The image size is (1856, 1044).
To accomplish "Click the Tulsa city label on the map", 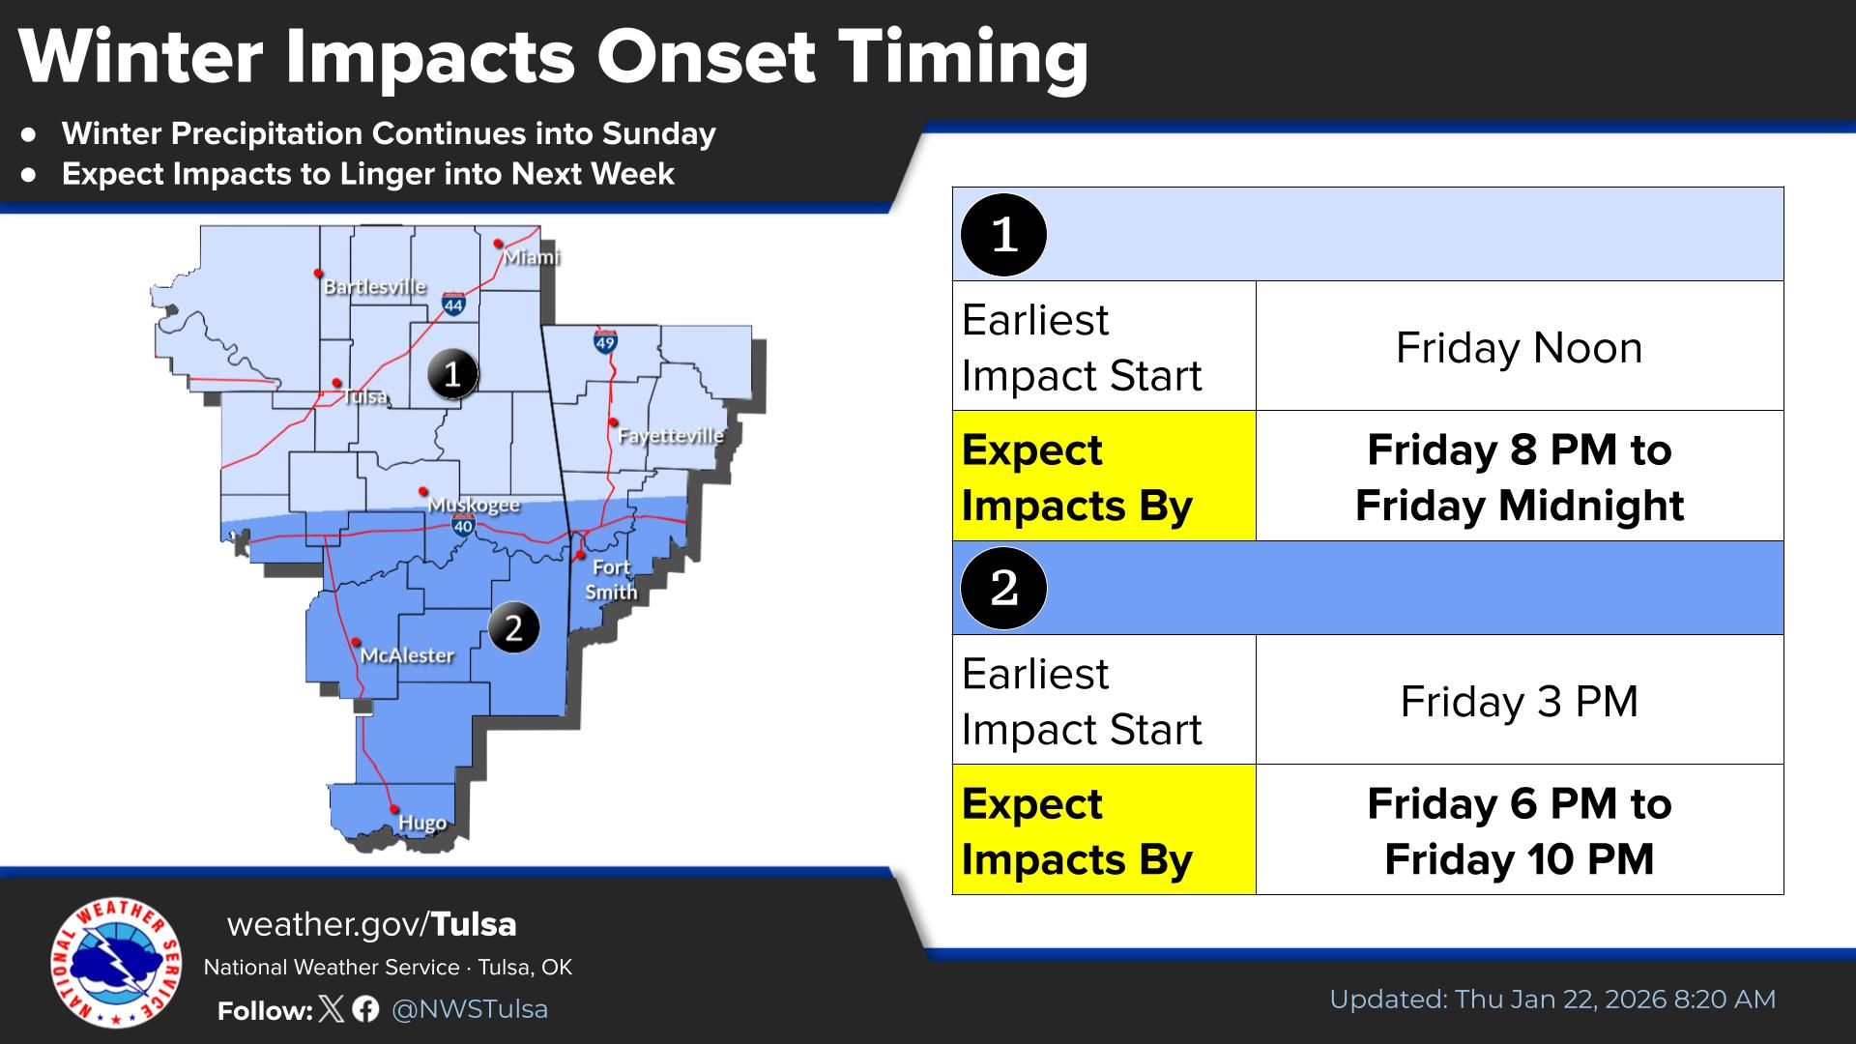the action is pyautogui.click(x=365, y=397).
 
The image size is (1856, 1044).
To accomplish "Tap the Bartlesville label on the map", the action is pyautogui.click(x=375, y=287).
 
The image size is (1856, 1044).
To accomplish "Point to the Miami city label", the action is pyautogui.click(x=532, y=257).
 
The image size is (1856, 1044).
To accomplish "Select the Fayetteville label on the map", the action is pyautogui.click(x=671, y=436).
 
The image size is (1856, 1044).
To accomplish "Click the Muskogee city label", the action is pyautogui.click(x=474, y=506).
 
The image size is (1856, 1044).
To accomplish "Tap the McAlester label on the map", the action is pyautogui.click(x=407, y=655).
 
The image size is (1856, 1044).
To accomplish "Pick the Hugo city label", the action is pyautogui.click(x=422, y=824).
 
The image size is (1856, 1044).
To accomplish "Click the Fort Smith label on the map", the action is pyautogui.click(x=611, y=580).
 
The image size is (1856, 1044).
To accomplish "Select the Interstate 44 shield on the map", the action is pyautogui.click(x=453, y=304).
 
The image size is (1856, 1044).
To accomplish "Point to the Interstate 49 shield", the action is pyautogui.click(x=605, y=340).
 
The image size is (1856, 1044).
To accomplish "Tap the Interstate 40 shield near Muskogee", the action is pyautogui.click(x=463, y=525).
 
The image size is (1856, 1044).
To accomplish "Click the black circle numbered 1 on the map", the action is pyautogui.click(x=452, y=373).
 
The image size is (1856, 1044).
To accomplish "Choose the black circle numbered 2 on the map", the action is pyautogui.click(x=513, y=628).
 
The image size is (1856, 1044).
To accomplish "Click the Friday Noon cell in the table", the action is pyautogui.click(x=1520, y=347).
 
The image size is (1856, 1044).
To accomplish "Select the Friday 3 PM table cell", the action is pyautogui.click(x=1520, y=701).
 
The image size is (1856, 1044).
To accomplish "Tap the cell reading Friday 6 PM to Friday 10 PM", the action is pyautogui.click(x=1520, y=830).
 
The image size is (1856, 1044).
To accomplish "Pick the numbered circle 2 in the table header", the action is pyautogui.click(x=1004, y=588).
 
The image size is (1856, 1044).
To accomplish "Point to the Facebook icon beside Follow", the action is pyautogui.click(x=365, y=1009).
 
